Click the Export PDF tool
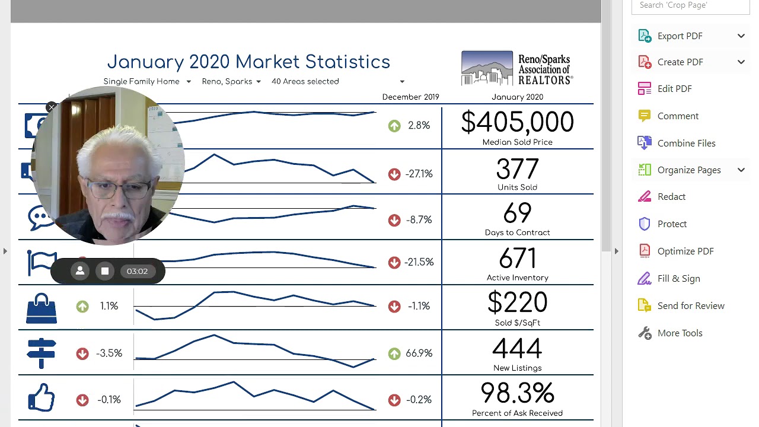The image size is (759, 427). click(x=679, y=36)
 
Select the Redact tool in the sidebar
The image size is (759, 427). click(x=671, y=197)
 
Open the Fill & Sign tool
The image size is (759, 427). click(x=678, y=279)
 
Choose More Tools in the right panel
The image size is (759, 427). click(x=679, y=333)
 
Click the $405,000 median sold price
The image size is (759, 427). click(x=517, y=123)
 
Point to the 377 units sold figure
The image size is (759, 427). click(x=517, y=170)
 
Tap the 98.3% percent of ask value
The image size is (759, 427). click(x=517, y=393)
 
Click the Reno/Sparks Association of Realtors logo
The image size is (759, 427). click(x=516, y=68)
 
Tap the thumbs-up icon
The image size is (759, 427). click(x=42, y=397)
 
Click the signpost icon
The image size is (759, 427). click(x=42, y=353)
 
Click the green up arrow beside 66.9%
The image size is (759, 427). click(x=394, y=354)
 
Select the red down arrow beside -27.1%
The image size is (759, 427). click(x=394, y=174)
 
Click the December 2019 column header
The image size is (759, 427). click(x=410, y=97)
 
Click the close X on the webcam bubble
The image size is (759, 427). click(x=52, y=107)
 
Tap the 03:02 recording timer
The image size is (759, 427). click(x=137, y=272)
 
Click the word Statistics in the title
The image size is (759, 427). click(x=347, y=62)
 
